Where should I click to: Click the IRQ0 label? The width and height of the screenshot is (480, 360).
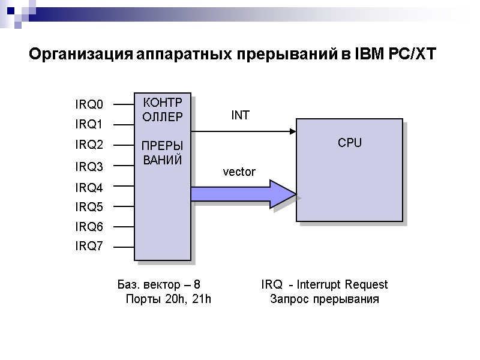pos(89,105)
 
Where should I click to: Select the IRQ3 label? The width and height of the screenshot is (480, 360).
pos(89,166)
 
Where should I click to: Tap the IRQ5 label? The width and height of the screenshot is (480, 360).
pos(89,208)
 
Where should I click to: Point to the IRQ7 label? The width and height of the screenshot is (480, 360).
pos(89,247)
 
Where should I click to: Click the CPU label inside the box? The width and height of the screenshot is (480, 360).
pos(350,143)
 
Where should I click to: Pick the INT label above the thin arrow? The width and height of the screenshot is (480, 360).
pos(240,116)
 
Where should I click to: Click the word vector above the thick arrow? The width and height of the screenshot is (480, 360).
pos(239,172)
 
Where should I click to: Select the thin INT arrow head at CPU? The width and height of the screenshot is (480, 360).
pos(293,131)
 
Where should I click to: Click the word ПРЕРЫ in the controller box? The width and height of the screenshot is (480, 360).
pos(162,146)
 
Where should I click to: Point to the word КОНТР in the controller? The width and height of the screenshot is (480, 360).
pos(162,103)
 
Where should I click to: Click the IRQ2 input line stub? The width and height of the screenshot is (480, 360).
pos(124,145)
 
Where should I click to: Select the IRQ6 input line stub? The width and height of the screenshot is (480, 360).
pos(124,227)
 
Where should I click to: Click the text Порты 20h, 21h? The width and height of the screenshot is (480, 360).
pos(168,299)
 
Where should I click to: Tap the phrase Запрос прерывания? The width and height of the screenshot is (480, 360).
pos(325,299)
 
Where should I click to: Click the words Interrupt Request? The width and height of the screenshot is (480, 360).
pos(342,284)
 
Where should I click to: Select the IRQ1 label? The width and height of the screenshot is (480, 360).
pos(88,125)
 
